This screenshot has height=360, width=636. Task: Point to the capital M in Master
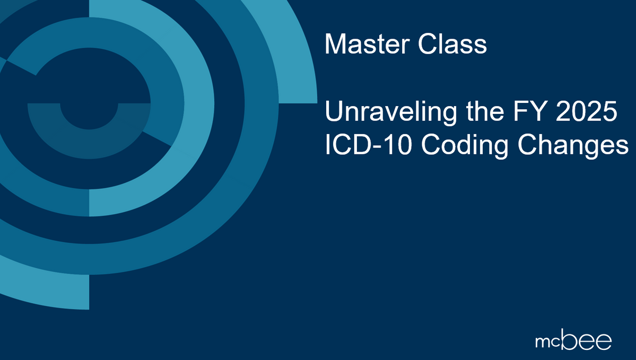click(x=334, y=45)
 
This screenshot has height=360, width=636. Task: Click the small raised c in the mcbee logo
click(x=555, y=338)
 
